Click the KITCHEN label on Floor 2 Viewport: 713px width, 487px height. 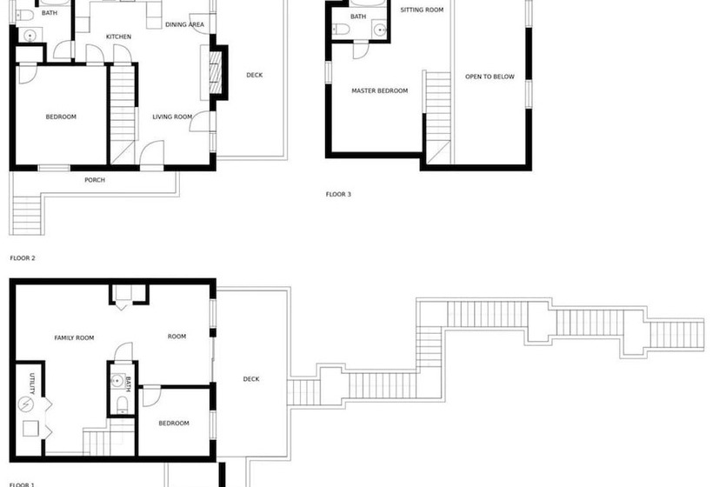coord(118,37)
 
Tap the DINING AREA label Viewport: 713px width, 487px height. coord(184,24)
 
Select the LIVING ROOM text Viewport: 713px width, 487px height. coord(172,117)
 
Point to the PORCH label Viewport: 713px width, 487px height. coord(95,180)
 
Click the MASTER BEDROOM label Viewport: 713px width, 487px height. coord(380,91)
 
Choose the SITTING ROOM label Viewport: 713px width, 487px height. coord(422,10)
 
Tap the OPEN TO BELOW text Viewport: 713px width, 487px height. coord(490,77)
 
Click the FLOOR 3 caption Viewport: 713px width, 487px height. coord(338,195)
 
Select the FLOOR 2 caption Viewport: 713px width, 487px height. coord(23,258)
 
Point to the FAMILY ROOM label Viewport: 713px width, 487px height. coord(74,337)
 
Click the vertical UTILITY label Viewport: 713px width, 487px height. coord(32,384)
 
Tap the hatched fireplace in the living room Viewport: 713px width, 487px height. coord(215,73)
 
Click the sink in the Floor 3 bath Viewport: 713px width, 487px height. coord(380,30)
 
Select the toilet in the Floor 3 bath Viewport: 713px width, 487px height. coord(341,30)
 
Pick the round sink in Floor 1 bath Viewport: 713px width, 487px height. coord(117,381)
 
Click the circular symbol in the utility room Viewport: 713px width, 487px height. coord(25,404)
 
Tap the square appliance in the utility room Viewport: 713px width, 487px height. coord(31,429)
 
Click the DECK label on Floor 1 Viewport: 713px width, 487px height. coord(251,379)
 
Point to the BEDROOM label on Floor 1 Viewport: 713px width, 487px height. coord(174,424)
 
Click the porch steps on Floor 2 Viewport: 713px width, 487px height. coord(27,215)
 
